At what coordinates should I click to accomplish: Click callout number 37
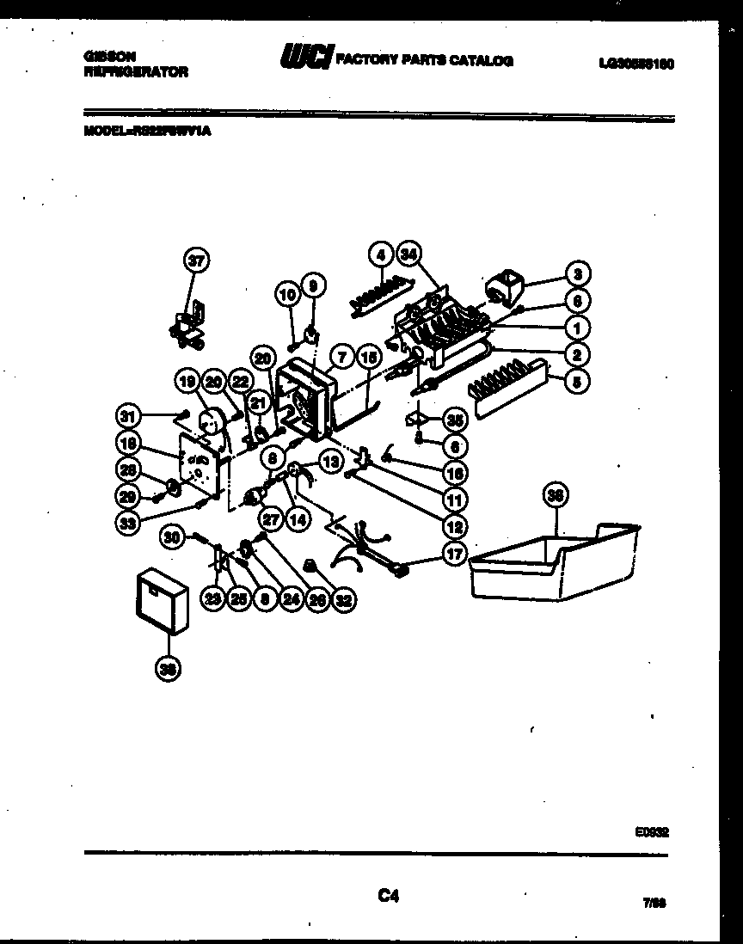point(198,261)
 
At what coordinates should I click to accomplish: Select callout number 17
point(455,555)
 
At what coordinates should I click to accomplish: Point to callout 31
point(127,417)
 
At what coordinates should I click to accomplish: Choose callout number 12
point(455,526)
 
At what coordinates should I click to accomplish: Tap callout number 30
point(174,537)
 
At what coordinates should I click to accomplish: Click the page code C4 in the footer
point(389,897)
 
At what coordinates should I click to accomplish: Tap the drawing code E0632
point(653,831)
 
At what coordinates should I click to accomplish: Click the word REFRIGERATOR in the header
point(136,73)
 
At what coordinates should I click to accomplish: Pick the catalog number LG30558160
point(636,63)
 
